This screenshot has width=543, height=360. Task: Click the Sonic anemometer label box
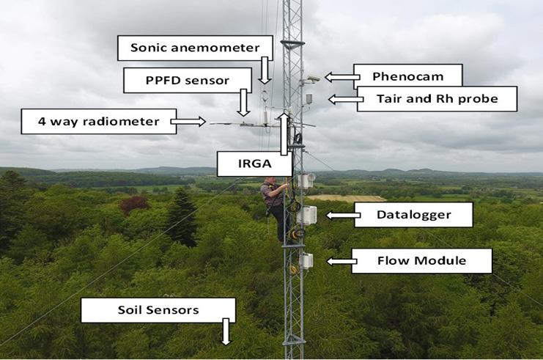pos(194,48)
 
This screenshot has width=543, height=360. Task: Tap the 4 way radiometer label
pos(99,121)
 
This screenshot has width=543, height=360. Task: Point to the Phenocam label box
pos(407,76)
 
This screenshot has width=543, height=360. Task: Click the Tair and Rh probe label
pos(436,99)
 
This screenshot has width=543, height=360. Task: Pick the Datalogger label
pos(413,215)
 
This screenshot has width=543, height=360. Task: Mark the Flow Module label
pos(421,260)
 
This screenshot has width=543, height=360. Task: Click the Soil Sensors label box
pos(158,310)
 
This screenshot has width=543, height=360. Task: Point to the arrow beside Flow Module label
pos(339,260)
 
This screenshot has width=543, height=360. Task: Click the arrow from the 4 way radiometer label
pos(192,121)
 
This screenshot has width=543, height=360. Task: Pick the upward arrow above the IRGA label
pos(284,133)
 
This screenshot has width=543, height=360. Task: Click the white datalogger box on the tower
pos(308,215)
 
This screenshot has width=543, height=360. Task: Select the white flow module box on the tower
pos(306,260)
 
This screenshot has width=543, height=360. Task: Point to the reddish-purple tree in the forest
pos(134,203)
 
